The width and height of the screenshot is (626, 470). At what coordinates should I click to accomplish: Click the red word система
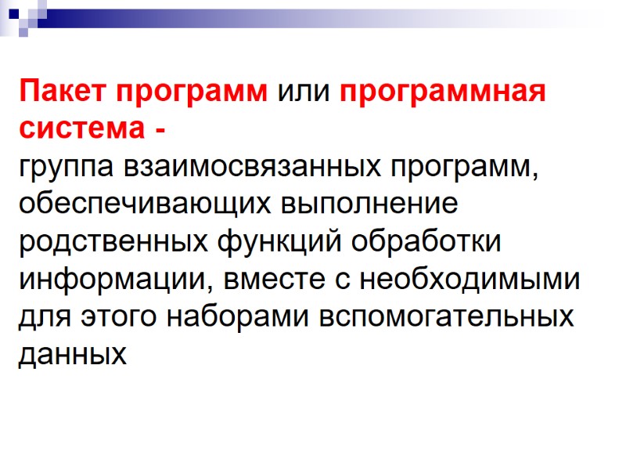point(78,130)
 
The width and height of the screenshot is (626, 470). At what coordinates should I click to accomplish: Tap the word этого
point(97,318)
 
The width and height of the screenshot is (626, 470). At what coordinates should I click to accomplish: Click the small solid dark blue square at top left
point(14,13)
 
